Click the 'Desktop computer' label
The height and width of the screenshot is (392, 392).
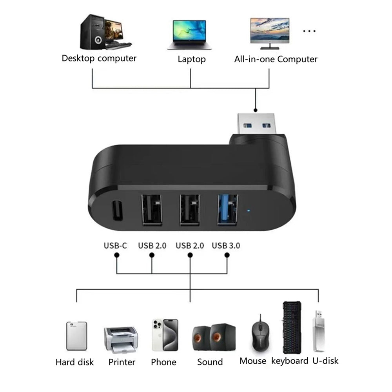point(99,58)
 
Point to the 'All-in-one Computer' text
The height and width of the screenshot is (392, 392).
point(276,59)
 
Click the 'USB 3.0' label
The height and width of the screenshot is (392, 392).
point(226,246)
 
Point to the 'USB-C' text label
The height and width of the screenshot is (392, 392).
point(115,246)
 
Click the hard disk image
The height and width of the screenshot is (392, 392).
point(76,336)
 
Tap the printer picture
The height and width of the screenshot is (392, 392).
point(120,339)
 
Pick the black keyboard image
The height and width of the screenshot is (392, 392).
point(292,327)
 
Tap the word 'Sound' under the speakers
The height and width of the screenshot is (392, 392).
point(210,362)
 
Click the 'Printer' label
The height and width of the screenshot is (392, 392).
point(122,362)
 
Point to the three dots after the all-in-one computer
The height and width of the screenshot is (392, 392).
point(309,31)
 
